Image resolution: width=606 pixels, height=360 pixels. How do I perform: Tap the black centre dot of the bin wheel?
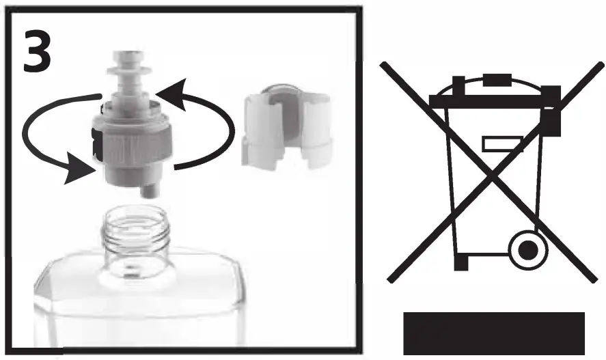point(527,252)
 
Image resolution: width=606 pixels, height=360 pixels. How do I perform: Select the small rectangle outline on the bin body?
point(501,143)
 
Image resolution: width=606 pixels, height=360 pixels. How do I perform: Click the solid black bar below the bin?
point(494,333)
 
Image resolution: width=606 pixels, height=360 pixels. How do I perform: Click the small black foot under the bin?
point(462,262)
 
